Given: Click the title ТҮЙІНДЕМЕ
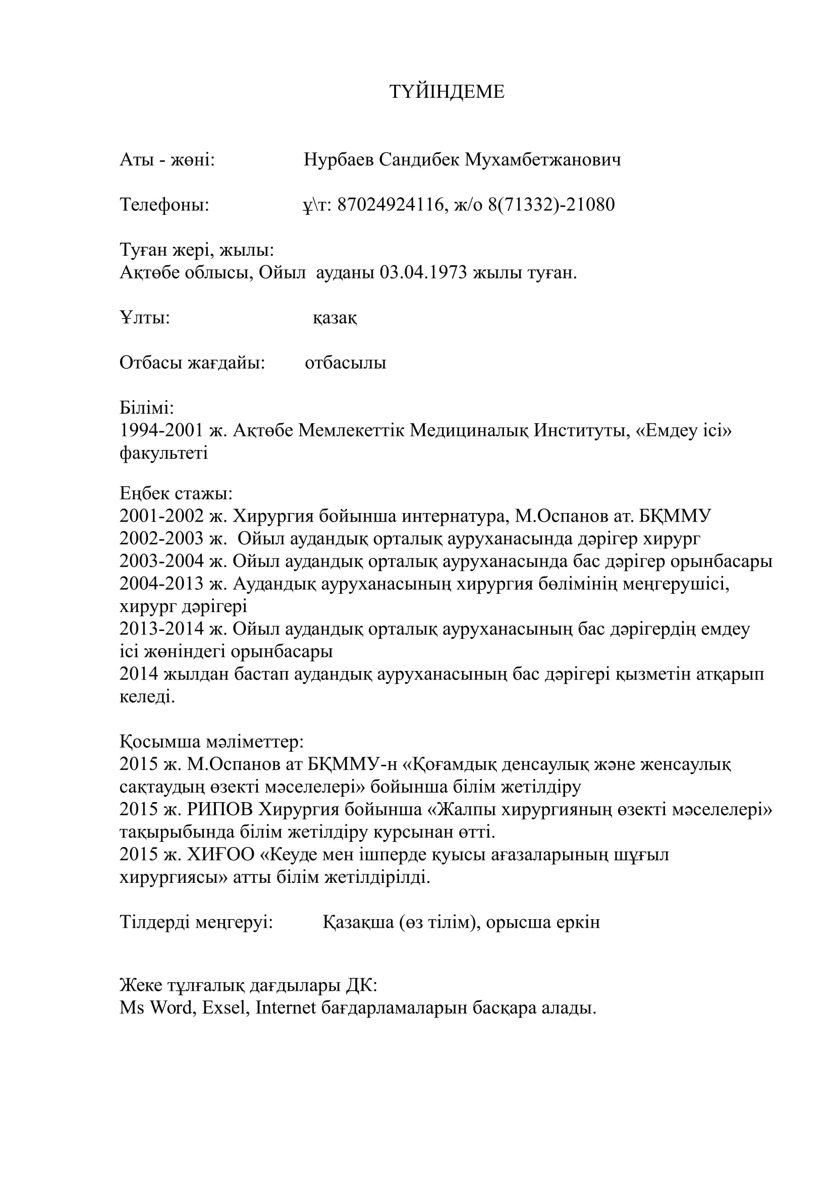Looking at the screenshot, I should coord(447,92).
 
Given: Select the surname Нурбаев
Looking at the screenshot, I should coord(339,160).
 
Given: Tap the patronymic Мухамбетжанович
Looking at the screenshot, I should coord(543,160).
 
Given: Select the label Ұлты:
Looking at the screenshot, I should coord(145,318).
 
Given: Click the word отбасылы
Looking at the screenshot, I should coord(345,363).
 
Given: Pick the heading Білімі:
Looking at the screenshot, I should coord(147,408).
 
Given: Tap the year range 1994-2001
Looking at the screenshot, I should coord(161,431).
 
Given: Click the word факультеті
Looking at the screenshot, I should coord(163,454).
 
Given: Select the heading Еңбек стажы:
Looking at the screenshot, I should coord(176,494).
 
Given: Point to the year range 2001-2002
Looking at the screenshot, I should coord(161,516).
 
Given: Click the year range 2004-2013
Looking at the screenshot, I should coord(161,584).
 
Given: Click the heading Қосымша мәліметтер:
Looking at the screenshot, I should coord(212,742).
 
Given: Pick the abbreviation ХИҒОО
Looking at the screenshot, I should coord(221,855).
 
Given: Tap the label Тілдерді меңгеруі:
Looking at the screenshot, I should coord(196,923).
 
